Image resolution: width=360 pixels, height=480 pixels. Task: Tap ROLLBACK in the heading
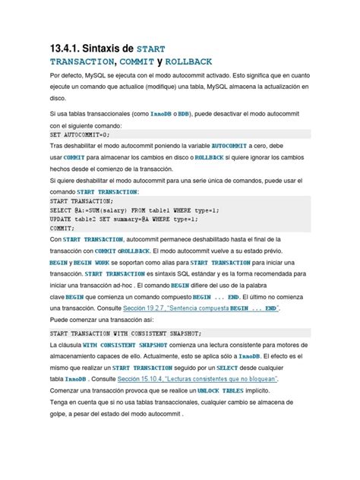click(182, 62)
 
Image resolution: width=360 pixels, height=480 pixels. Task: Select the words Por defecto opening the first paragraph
click(68, 77)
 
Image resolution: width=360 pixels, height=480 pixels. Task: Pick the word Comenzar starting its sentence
click(69, 390)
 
